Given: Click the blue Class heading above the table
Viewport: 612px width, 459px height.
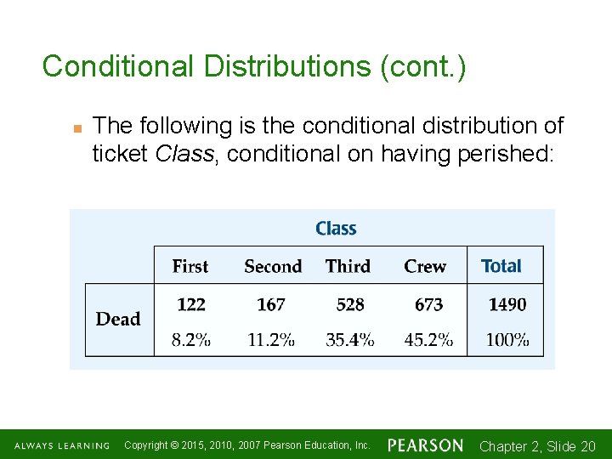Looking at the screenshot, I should click(x=336, y=229).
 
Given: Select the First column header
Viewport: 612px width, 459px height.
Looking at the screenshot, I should click(x=190, y=266).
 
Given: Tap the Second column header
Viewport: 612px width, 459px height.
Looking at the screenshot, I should click(x=273, y=266).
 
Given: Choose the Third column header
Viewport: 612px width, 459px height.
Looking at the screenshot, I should click(x=348, y=266).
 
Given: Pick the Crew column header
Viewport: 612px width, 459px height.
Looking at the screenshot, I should click(x=425, y=266).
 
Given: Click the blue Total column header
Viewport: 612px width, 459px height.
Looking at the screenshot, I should click(x=501, y=266).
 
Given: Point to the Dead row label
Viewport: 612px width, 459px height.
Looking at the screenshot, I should click(x=118, y=319).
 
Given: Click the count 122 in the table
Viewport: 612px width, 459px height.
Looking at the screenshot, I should click(x=191, y=304).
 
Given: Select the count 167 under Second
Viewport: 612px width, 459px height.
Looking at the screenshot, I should click(x=270, y=304).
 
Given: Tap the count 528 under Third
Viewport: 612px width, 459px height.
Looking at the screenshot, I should click(x=350, y=304).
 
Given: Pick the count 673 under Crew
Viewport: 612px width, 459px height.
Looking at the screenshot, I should click(x=428, y=304).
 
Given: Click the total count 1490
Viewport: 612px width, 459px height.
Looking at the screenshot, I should click(x=507, y=304).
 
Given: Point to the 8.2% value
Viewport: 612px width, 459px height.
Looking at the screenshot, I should click(x=191, y=340).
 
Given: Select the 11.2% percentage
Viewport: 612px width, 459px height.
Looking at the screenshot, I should click(x=271, y=340).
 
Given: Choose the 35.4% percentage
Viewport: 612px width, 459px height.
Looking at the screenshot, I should click(x=350, y=340).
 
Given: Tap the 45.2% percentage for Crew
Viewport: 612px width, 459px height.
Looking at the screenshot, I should click(x=428, y=340).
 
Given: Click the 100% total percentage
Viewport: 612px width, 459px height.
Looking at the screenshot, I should click(x=507, y=340).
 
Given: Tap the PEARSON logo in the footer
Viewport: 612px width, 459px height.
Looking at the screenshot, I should click(x=426, y=445).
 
